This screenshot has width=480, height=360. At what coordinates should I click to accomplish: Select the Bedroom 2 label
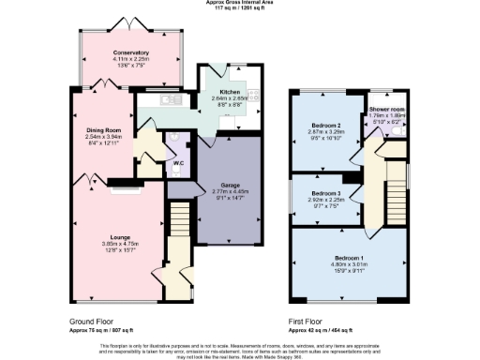325,125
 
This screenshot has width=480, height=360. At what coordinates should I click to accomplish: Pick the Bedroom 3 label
325,193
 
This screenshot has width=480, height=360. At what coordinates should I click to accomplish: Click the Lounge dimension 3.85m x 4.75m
118,244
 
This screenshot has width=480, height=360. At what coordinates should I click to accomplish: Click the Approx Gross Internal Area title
239,3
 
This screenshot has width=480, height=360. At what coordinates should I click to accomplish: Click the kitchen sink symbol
171,98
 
